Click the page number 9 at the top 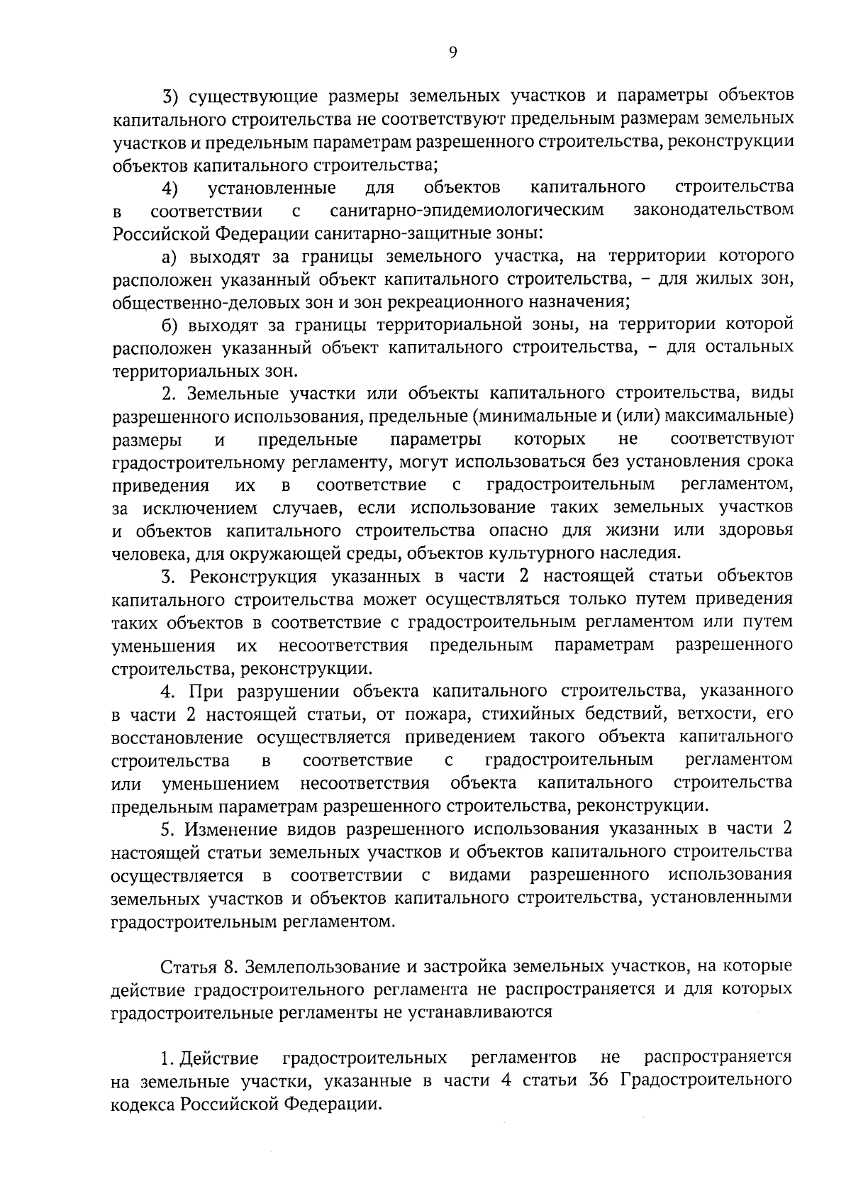(x=453, y=51)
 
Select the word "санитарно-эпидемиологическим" (x=467, y=211)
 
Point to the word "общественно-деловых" (x=185, y=302)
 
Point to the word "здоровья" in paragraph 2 (x=759, y=531)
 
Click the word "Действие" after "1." (x=219, y=1058)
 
